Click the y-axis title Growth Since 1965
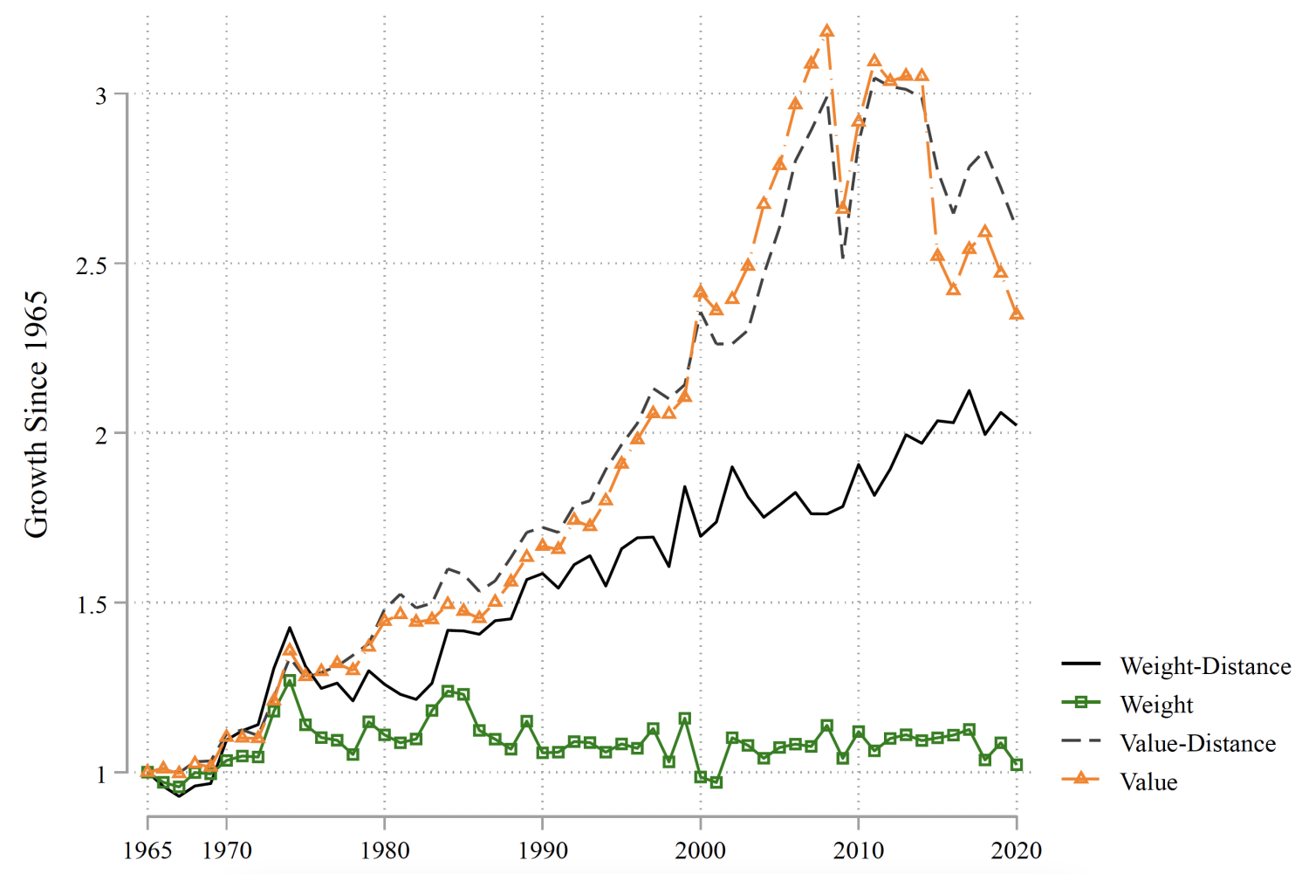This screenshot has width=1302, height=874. (36, 415)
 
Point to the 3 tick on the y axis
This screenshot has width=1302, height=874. (101, 95)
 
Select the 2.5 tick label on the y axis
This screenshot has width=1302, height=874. (91, 265)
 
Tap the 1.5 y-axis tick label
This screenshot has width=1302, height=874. (91, 603)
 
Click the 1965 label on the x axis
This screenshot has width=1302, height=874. (147, 850)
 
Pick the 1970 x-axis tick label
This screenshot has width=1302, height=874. (227, 850)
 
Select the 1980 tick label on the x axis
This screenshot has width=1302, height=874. (385, 850)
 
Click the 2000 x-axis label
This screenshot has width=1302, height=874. (701, 850)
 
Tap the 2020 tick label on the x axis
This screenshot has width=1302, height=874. (1017, 850)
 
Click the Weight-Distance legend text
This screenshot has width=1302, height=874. (1205, 666)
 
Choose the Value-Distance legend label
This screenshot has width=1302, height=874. (1197, 743)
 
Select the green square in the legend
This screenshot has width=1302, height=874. (1081, 703)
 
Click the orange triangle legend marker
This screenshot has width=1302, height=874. (1081, 777)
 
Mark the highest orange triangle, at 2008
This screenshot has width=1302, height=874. (827, 31)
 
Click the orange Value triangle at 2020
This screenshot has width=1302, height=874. (1017, 313)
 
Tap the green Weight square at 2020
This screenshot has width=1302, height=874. (1017, 765)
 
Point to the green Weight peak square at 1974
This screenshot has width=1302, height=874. (290, 680)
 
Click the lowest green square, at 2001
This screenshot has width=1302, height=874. (716, 782)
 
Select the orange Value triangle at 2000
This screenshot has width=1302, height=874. (701, 292)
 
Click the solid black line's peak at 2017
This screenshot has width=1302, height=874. (969, 390)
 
